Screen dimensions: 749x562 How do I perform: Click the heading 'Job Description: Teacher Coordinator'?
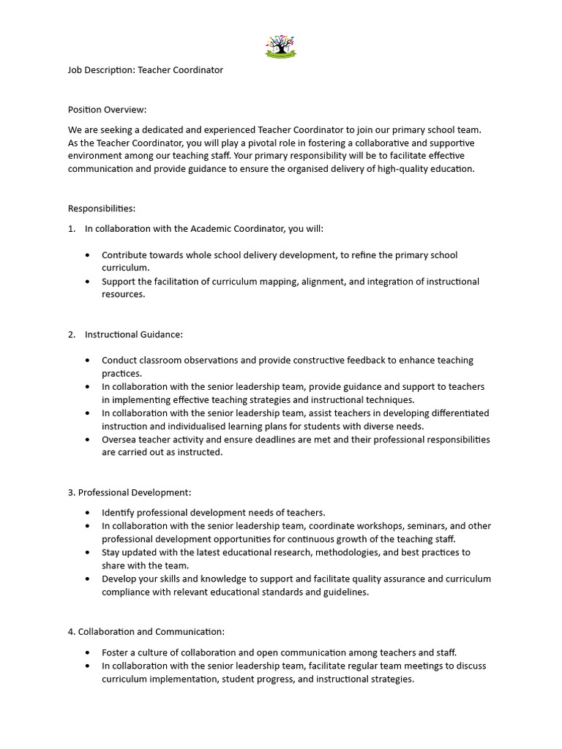coord(146,70)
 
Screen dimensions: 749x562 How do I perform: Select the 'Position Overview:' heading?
coord(108,110)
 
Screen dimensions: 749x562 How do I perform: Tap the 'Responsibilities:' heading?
coord(102,208)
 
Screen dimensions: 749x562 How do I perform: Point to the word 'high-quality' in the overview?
coord(405,169)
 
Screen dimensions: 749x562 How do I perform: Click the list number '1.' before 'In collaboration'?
coord(72,229)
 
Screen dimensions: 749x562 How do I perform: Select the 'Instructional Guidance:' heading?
coord(134,334)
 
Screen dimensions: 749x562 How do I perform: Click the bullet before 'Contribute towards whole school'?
coord(89,255)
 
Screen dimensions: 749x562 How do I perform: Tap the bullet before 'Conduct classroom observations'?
coord(89,361)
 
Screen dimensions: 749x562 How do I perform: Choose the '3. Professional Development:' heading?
coord(130,492)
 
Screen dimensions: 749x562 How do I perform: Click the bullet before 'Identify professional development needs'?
coord(89,513)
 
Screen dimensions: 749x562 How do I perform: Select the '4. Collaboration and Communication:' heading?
coord(146,631)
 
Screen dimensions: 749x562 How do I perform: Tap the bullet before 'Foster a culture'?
coord(89,652)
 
